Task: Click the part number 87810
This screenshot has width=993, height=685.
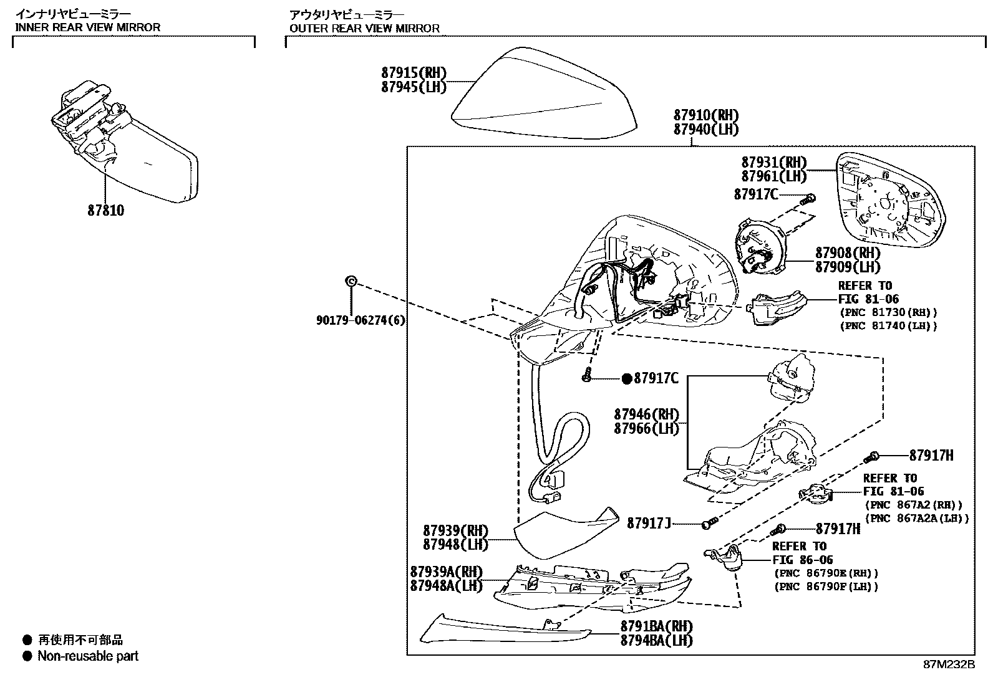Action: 105,211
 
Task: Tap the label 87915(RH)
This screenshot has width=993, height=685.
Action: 414,73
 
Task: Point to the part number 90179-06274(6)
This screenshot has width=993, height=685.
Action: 361,320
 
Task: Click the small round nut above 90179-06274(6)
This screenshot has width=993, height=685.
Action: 351,282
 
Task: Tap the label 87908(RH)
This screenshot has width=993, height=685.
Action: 848,253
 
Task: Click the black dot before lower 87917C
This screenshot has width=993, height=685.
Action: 626,378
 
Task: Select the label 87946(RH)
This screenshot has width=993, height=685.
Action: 646,414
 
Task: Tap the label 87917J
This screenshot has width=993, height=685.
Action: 649,523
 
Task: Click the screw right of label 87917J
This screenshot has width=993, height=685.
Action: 708,524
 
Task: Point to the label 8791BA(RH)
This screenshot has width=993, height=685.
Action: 656,626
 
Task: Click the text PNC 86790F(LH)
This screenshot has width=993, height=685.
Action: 826,587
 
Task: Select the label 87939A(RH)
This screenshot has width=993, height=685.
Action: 446,572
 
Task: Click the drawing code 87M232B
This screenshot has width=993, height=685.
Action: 948,664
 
